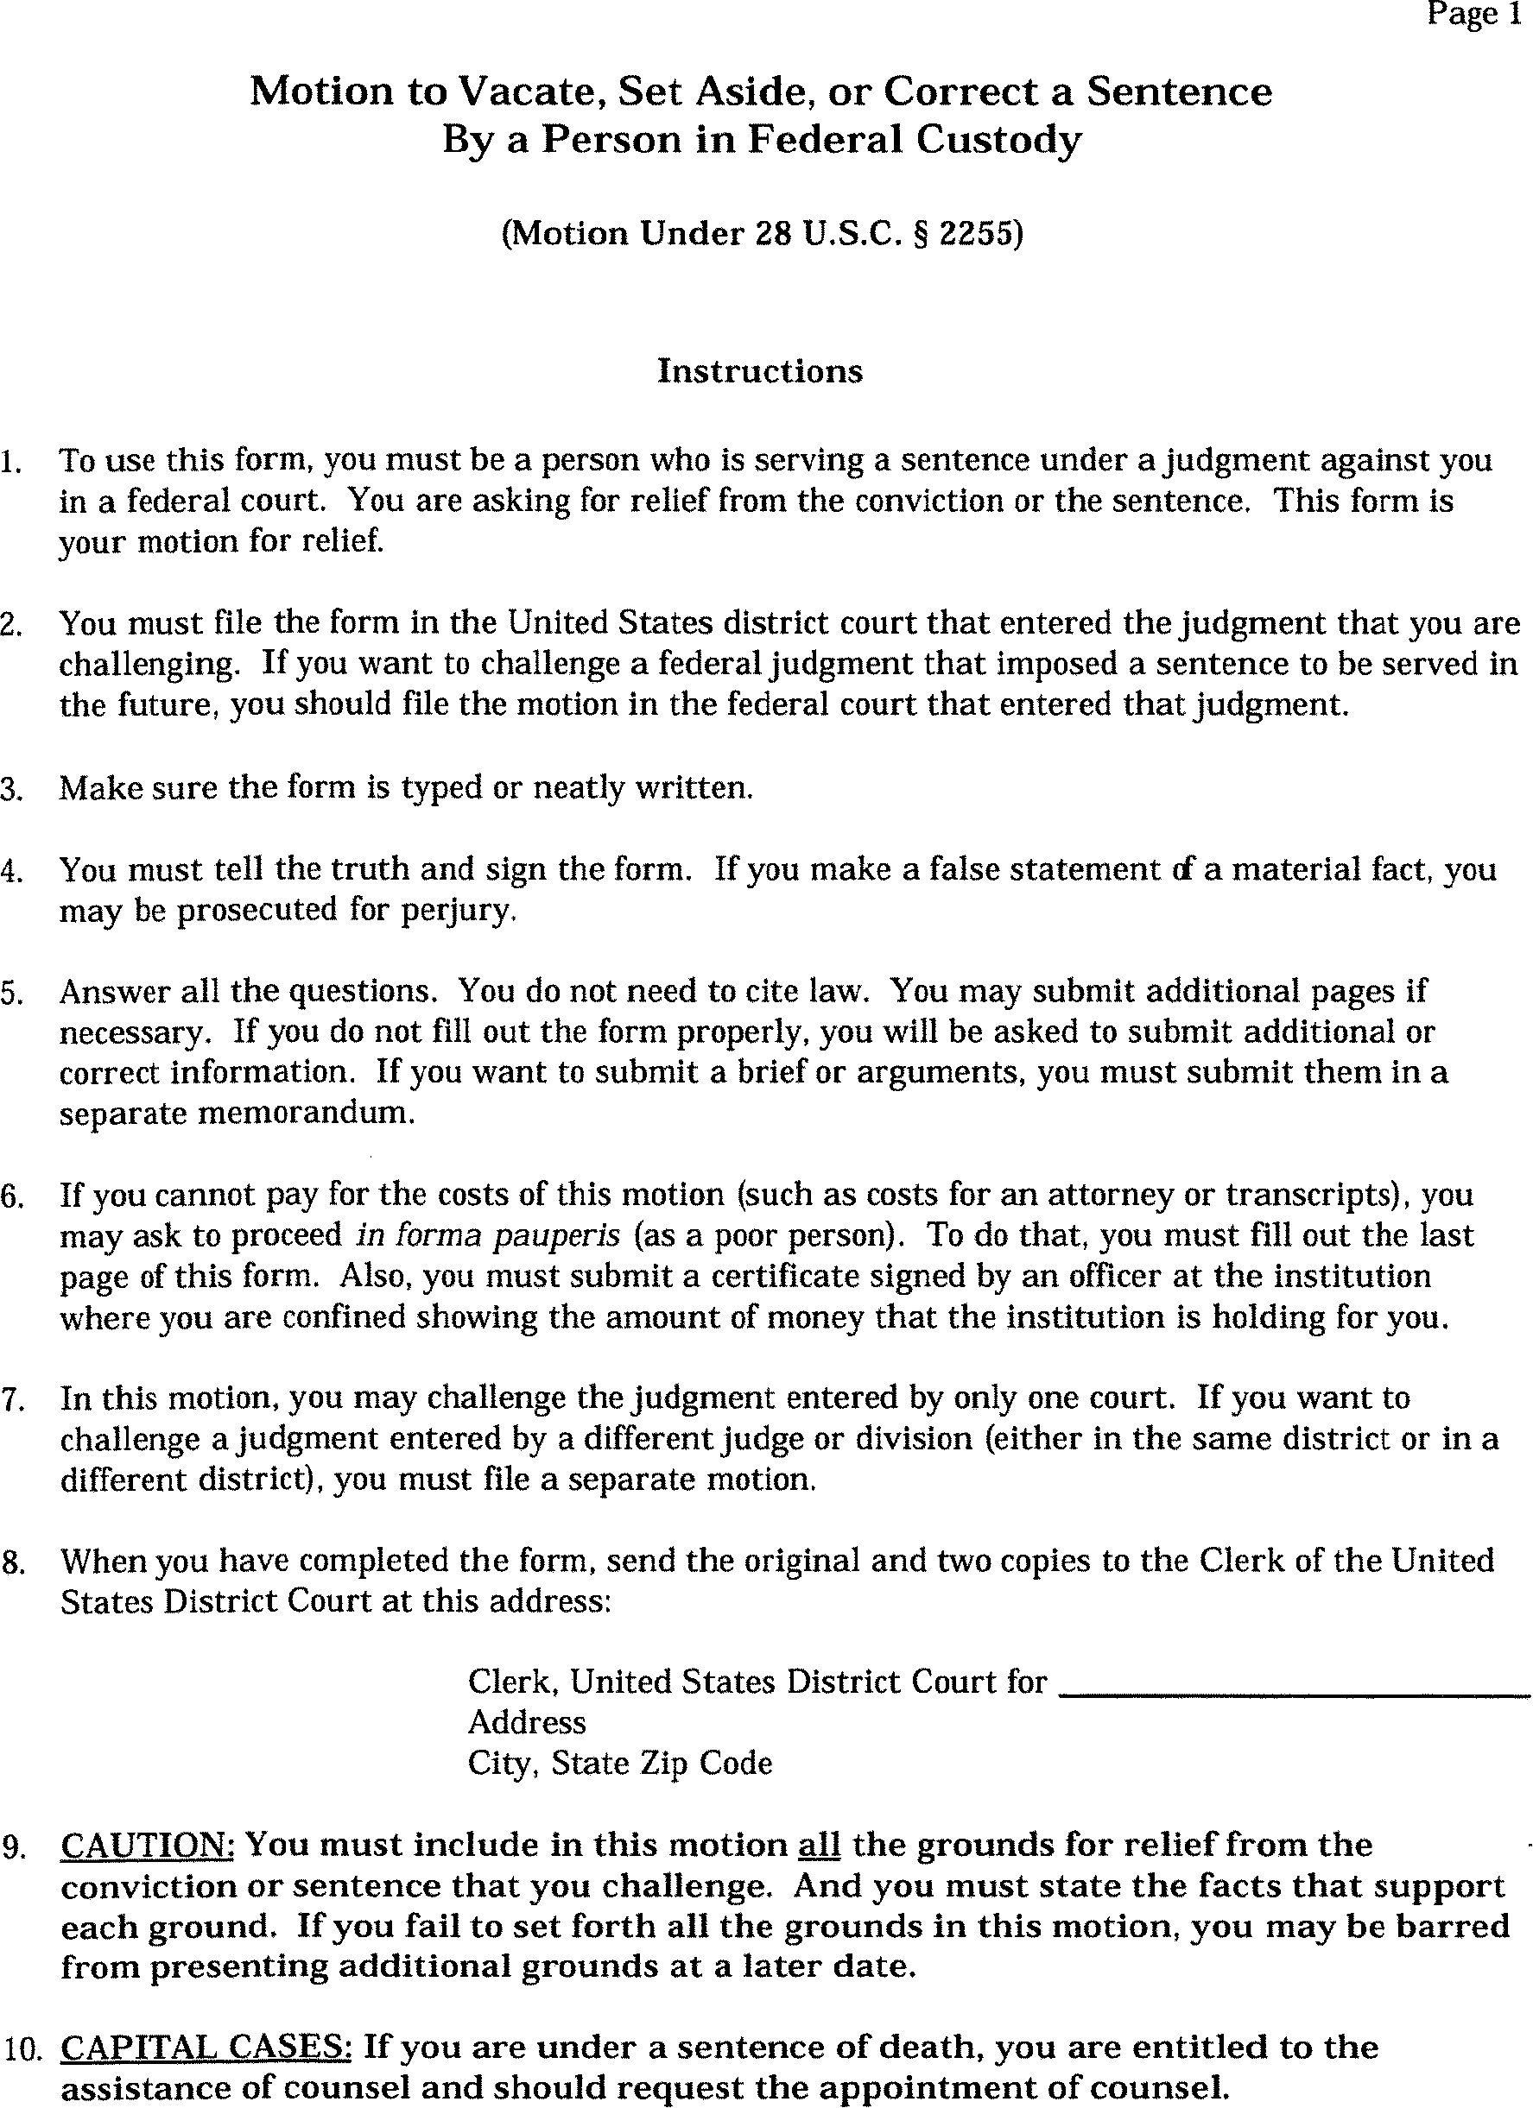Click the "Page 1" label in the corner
pos(1474,15)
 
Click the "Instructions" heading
pos(759,371)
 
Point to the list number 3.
pos(10,790)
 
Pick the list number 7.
pos(10,1400)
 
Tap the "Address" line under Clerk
pos(526,1722)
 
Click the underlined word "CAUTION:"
pos(147,1845)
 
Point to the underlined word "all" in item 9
pos(819,1845)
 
